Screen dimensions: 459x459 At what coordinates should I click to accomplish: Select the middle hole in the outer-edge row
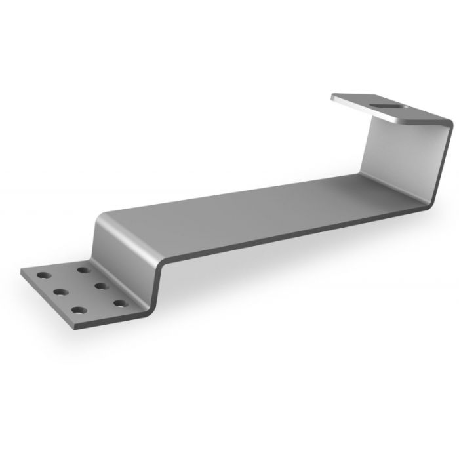pyautogui.click(x=58, y=292)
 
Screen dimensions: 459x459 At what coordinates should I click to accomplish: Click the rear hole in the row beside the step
pyautogui.click(x=83, y=269)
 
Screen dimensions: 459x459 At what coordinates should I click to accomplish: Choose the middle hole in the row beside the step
pyautogui.click(x=101, y=285)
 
